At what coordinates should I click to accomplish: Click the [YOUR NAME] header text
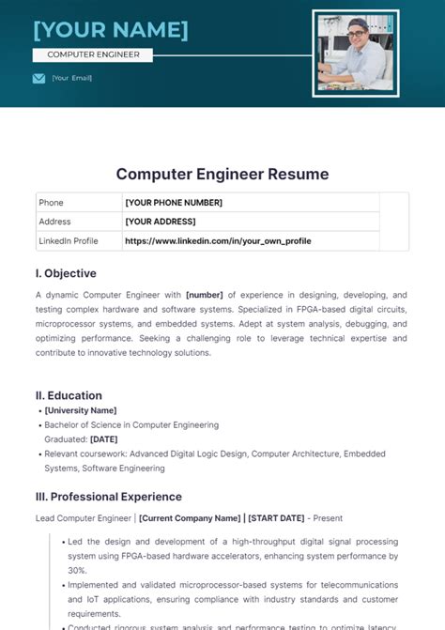[111, 30]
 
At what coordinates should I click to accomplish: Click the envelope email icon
[38, 78]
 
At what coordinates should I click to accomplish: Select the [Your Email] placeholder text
[72, 78]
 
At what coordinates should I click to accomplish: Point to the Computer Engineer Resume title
[222, 174]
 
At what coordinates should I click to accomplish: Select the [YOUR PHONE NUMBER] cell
[174, 202]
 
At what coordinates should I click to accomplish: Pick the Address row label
[54, 222]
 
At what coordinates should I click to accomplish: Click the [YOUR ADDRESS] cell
[161, 222]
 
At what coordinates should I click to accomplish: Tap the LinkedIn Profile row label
[68, 241]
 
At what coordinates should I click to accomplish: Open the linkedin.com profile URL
[218, 241]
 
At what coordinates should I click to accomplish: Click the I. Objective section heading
[66, 273]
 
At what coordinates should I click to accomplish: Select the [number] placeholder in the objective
[205, 294]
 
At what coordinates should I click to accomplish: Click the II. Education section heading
[69, 395]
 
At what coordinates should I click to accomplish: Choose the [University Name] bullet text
[81, 410]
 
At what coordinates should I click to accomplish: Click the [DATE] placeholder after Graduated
[103, 438]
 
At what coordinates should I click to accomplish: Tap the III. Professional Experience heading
[108, 497]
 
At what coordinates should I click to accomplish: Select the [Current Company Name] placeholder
[190, 518]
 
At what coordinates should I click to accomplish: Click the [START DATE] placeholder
[276, 518]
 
